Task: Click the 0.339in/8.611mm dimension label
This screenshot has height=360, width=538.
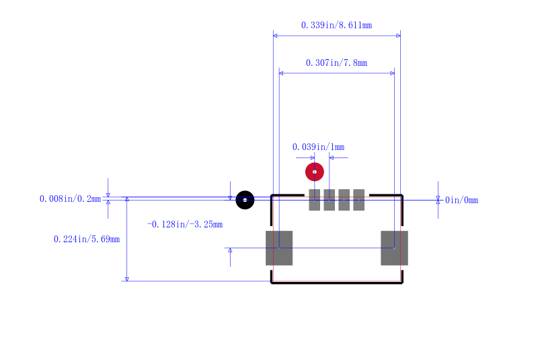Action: [x=336, y=25]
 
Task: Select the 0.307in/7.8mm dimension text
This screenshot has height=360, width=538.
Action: [x=336, y=63]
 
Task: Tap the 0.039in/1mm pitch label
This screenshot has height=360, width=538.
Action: [x=318, y=147]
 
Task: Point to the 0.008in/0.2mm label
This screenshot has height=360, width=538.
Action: [x=71, y=199]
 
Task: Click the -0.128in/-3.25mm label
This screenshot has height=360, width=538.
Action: [x=185, y=225]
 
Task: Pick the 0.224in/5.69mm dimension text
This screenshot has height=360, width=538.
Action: [x=87, y=239]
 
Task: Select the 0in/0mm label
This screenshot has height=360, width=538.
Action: [x=461, y=200]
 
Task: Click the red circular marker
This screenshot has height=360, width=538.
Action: [x=315, y=172]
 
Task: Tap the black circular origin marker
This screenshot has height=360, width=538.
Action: [x=245, y=200]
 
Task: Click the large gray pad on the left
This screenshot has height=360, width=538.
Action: [x=279, y=248]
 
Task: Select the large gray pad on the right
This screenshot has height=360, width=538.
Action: [x=394, y=248]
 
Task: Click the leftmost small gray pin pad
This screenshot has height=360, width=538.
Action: [x=315, y=200]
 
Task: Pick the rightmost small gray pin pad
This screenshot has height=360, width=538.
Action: [x=359, y=200]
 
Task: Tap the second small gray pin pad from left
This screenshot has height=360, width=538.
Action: [x=330, y=200]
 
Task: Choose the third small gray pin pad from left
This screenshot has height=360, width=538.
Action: [x=344, y=200]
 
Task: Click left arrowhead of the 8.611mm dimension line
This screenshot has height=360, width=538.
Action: [x=275, y=36]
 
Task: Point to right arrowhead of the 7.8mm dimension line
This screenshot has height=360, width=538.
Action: [x=393, y=73]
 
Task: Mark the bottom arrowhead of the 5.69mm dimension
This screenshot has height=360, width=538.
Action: [x=127, y=279]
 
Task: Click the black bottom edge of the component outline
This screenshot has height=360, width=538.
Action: [x=337, y=283]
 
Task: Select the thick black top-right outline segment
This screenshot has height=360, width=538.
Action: [x=385, y=195]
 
